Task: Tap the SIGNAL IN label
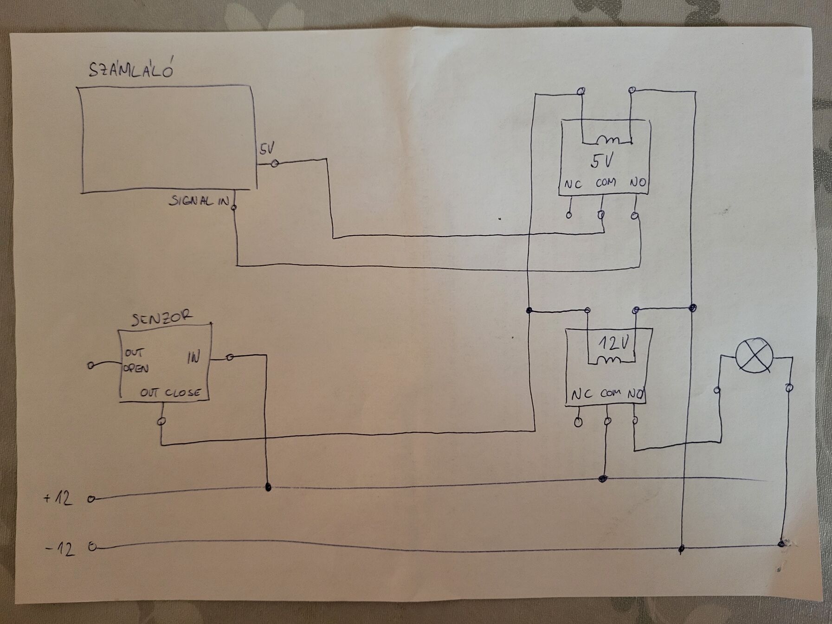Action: coord(199,201)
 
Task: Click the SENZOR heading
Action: coord(161,318)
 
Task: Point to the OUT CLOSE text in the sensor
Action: coord(170,393)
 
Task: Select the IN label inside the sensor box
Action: coord(193,358)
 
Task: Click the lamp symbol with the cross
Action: coord(755,355)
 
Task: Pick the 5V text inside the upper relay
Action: coord(602,161)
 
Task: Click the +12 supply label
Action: coord(58,498)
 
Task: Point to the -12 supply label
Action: coord(60,549)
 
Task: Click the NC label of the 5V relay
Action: coord(573,184)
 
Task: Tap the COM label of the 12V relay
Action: coord(610,393)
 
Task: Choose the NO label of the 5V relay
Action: coord(638,182)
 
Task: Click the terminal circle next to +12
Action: coord(91,499)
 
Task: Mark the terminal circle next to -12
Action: coord(92,547)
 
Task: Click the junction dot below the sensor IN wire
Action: coord(268,487)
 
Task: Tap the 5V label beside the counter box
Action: coord(267,149)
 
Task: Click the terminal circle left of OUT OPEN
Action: coord(90,366)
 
